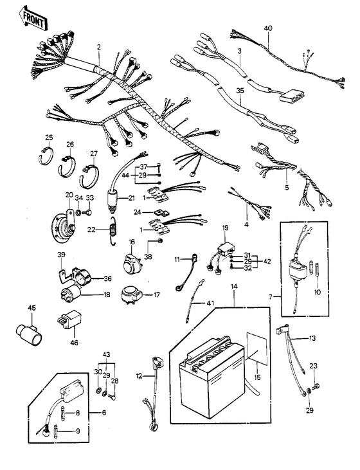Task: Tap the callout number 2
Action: [x=98, y=48]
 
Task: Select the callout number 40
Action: [x=267, y=28]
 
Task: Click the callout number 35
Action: [x=240, y=92]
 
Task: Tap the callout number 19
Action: [x=225, y=228]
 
